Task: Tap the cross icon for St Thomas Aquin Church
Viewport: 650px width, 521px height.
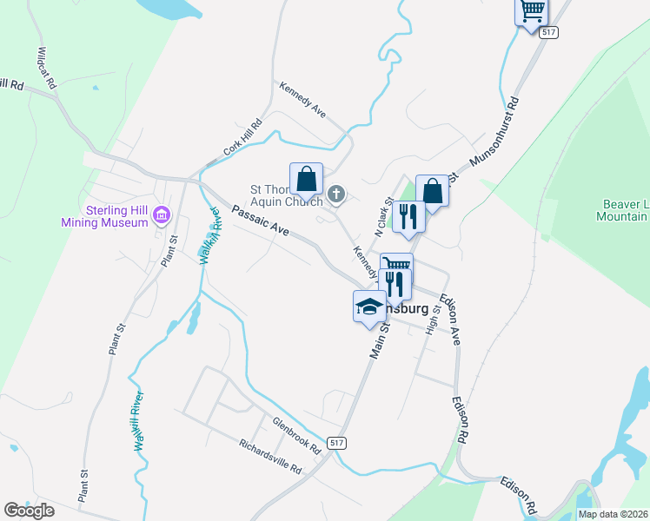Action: pos(337,195)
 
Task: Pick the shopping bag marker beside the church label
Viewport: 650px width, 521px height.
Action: pos(306,180)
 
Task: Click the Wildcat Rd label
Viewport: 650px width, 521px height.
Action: pos(46,69)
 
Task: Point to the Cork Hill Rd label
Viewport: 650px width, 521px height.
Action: pos(242,138)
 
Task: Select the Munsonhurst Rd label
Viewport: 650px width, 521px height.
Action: pos(494,132)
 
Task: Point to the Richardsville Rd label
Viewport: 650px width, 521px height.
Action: pos(270,456)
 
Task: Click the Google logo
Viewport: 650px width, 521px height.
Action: pos(30,511)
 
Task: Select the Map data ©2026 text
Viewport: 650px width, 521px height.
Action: pos(614,514)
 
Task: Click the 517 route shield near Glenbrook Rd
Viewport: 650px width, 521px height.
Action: pos(337,443)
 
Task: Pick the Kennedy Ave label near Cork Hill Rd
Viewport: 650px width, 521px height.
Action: pos(302,100)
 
